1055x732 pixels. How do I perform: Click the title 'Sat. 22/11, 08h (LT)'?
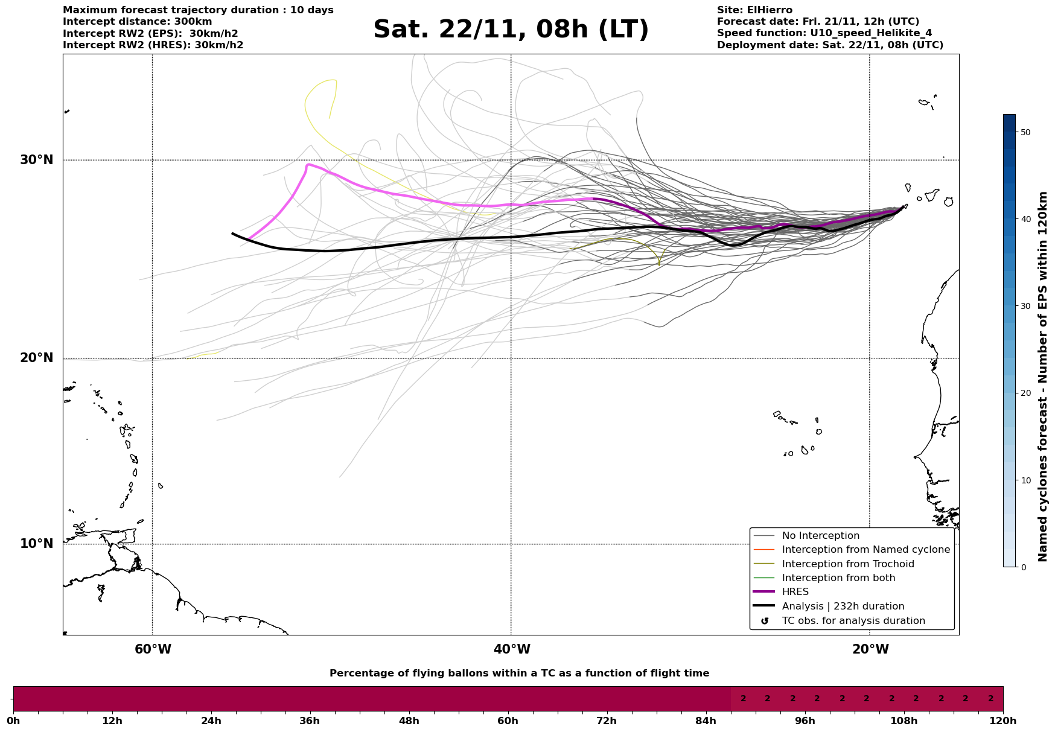511,30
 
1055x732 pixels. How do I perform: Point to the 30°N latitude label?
37,160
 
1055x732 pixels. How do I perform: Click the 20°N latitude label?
37,358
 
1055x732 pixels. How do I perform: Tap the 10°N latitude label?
37,544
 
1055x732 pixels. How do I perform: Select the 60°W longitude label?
153,649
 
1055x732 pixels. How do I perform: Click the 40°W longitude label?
512,649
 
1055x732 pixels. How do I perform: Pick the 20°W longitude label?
870,649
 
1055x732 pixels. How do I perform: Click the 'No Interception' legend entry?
820,536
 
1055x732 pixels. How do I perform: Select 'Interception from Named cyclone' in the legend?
865,550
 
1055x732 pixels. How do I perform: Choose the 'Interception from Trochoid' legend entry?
847,564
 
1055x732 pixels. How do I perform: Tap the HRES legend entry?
795,592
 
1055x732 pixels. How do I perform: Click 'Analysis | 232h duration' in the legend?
843,606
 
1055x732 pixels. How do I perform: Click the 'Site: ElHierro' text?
754,10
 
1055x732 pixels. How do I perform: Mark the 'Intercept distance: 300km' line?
137,22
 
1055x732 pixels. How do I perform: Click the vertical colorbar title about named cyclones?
1043,377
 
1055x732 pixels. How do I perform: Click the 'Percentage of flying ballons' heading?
519,673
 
